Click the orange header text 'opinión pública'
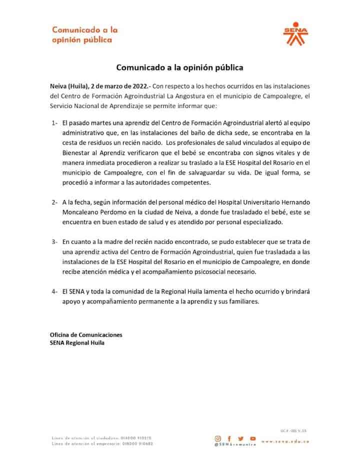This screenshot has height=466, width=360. tap(81, 40)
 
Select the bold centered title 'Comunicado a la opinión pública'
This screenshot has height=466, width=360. tap(179, 66)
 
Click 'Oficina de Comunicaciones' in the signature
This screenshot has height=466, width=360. tap(86, 334)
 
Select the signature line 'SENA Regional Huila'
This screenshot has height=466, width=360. tap(77, 343)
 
